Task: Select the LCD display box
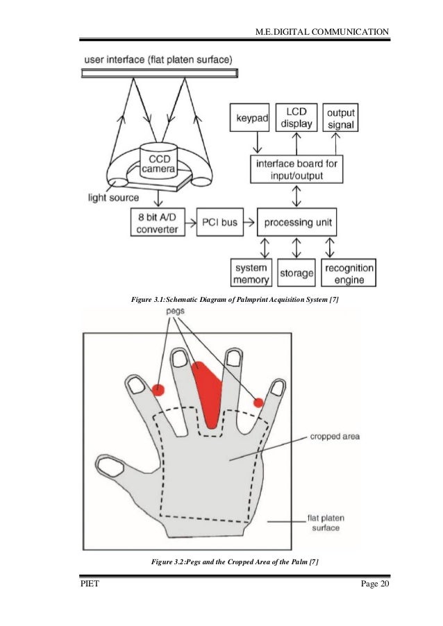[296, 117]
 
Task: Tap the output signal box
[340, 118]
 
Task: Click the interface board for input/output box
[295, 169]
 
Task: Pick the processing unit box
[296, 224]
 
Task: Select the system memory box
[251, 273]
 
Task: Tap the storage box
[296, 273]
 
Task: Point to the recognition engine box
[348, 273]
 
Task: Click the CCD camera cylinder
[161, 160]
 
